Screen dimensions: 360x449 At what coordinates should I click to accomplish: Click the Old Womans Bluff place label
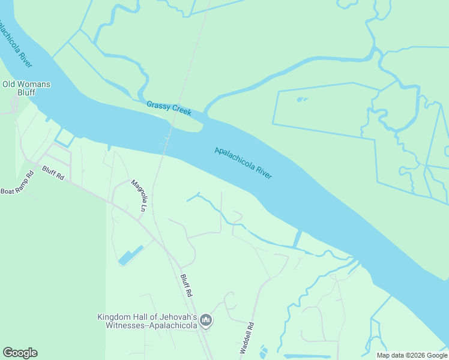click(x=26, y=88)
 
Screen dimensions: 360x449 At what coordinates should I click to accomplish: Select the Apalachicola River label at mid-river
click(x=243, y=163)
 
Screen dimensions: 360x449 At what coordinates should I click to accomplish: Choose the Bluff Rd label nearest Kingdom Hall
click(x=186, y=286)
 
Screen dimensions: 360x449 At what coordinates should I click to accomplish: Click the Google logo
click(x=20, y=353)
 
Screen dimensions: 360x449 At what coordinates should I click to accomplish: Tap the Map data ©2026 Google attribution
click(x=411, y=355)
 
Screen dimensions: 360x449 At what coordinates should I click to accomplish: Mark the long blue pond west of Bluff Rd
click(x=130, y=256)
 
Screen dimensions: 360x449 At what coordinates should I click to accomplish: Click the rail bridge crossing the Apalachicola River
click(x=167, y=140)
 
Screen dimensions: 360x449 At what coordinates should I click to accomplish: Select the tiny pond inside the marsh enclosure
click(x=302, y=100)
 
